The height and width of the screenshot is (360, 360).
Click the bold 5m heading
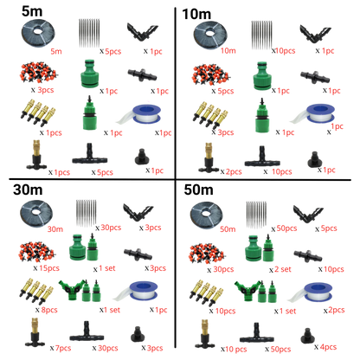pyautogui.click(x=32, y=11)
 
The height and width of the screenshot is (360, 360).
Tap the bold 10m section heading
pyautogui.click(x=196, y=14)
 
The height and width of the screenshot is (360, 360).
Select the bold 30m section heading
pyautogui.click(x=28, y=190)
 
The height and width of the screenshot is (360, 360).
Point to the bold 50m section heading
pyautogui.click(x=198, y=190)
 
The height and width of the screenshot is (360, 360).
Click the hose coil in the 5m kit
pyautogui.click(x=38, y=33)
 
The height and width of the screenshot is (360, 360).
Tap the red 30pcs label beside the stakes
pyautogui.click(x=111, y=228)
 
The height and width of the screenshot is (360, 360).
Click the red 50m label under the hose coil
pyautogui.click(x=228, y=229)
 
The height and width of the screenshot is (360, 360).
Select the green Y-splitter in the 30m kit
pyautogui.click(x=72, y=289)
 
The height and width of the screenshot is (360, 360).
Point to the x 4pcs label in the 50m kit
pyautogui.click(x=325, y=347)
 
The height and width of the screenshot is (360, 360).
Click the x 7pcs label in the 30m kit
pyautogui.click(x=61, y=348)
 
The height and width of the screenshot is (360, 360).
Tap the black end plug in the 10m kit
pyautogui.click(x=314, y=159)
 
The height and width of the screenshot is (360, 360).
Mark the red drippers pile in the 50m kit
pyautogui.click(x=206, y=254)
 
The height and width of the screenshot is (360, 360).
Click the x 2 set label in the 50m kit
pyautogui.click(x=280, y=269)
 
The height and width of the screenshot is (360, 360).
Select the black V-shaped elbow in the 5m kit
pyautogui.click(x=143, y=32)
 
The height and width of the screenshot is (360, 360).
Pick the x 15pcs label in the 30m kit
pyautogui.click(x=46, y=268)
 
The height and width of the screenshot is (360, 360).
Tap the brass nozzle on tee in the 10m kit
pyautogui.click(x=208, y=157)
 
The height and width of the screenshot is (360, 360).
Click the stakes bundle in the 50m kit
pyautogui.click(x=256, y=215)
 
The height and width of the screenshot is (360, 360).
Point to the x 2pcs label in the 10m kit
pyautogui.click(x=231, y=172)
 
